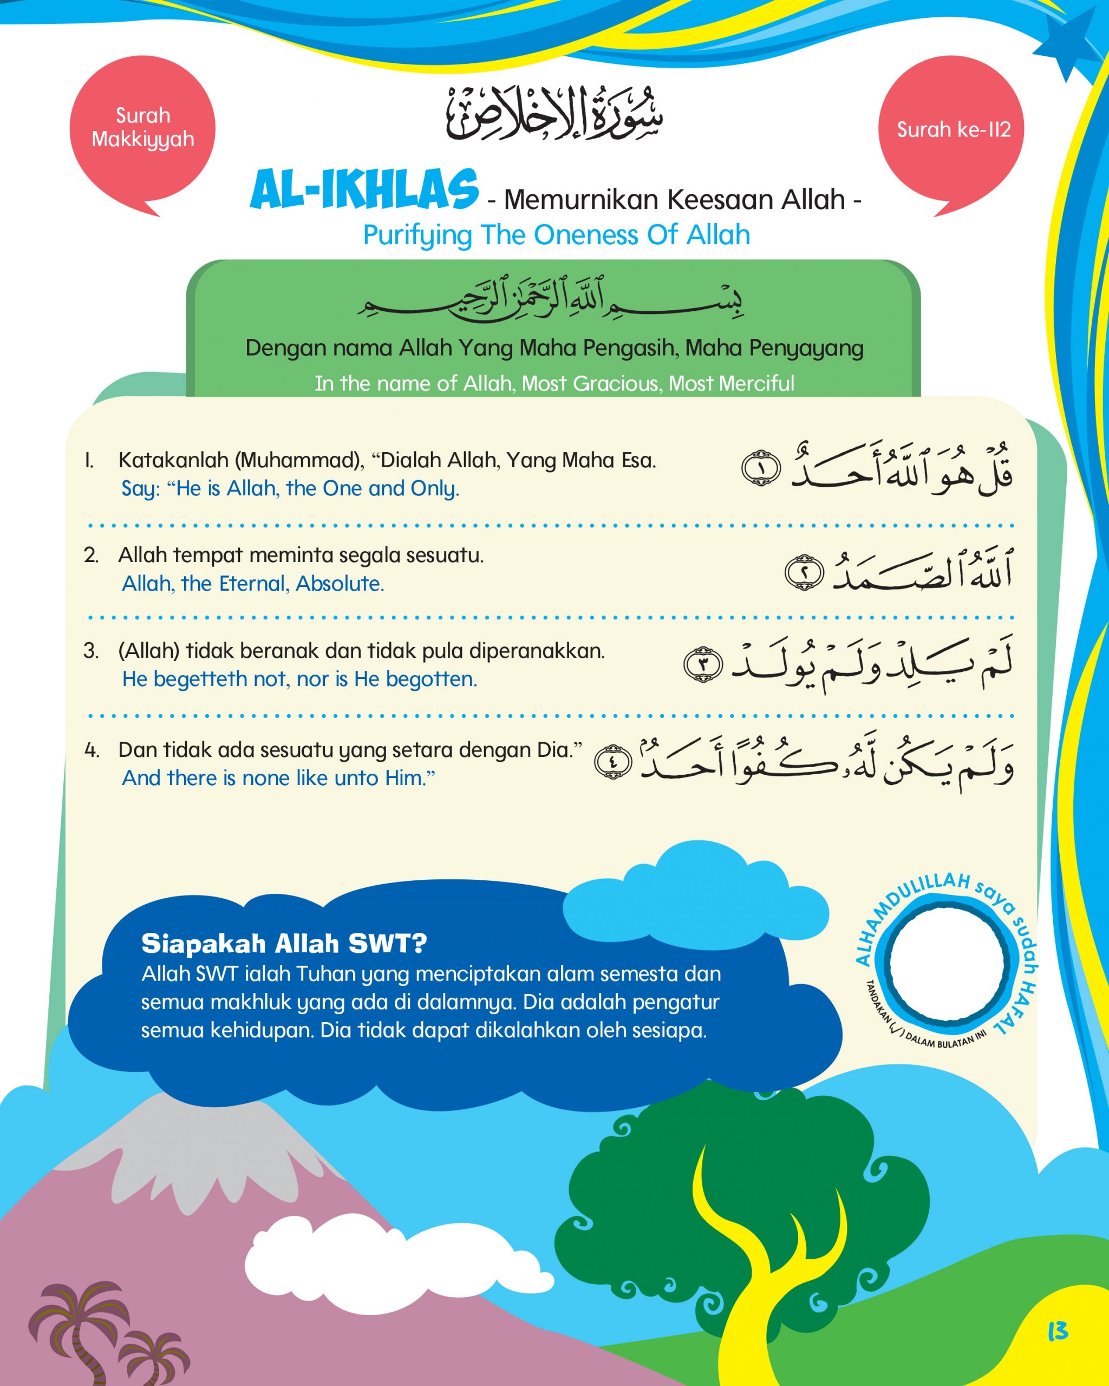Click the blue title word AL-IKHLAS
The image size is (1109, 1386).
coord(364,190)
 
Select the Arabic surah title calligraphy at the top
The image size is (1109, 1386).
coord(554,114)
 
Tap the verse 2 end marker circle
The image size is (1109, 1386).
coord(804,572)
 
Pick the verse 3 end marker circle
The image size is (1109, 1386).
coord(703,664)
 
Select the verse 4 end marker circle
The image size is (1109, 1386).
coord(612,763)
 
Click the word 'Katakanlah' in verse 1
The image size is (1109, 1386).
coord(174,460)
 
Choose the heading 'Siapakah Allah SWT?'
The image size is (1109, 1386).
coord(284,944)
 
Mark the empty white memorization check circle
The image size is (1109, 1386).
coord(948,963)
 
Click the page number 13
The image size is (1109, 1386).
coord(1057,1331)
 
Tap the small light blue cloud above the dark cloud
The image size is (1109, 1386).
coord(694,893)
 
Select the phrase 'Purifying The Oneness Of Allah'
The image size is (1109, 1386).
coord(556,236)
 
